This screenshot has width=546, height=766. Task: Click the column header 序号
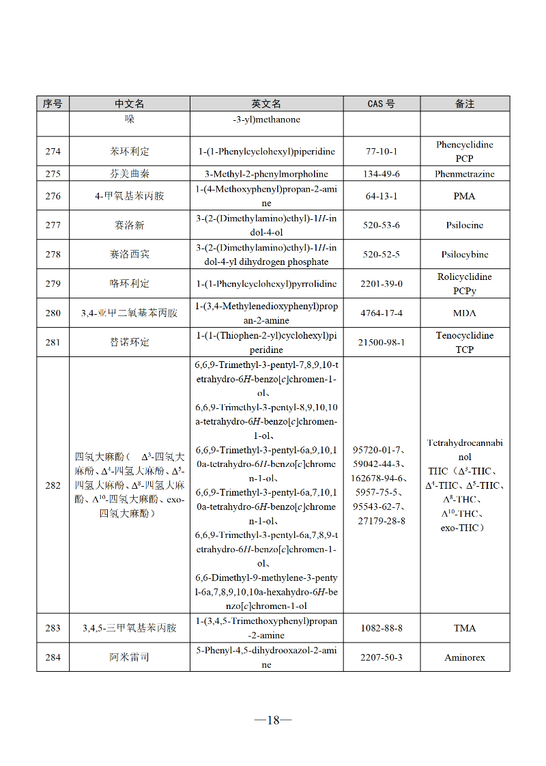click(53, 104)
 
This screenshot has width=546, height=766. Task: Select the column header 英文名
click(266, 104)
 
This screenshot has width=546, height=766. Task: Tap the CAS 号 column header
click(381, 104)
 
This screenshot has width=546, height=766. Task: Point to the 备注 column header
click(465, 104)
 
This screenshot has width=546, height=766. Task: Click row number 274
click(53, 152)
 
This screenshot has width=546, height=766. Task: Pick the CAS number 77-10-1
click(381, 152)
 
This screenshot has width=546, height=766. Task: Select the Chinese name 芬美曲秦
click(129, 174)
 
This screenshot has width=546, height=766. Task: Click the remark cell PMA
click(465, 196)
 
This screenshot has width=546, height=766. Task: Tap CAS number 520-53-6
click(381, 225)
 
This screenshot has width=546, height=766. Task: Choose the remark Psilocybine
click(465, 255)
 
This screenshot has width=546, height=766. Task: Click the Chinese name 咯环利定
click(129, 283)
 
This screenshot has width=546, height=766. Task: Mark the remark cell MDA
click(465, 313)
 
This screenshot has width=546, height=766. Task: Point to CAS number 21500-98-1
click(381, 343)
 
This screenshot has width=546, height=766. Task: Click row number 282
click(53, 485)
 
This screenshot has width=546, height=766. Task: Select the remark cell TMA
click(465, 628)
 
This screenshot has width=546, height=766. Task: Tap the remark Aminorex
click(465, 657)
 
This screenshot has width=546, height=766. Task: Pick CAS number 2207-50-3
click(381, 657)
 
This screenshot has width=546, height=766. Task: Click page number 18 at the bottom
click(273, 720)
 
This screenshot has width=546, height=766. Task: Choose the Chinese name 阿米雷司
click(129, 657)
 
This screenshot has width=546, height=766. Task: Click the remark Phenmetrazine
click(465, 174)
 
